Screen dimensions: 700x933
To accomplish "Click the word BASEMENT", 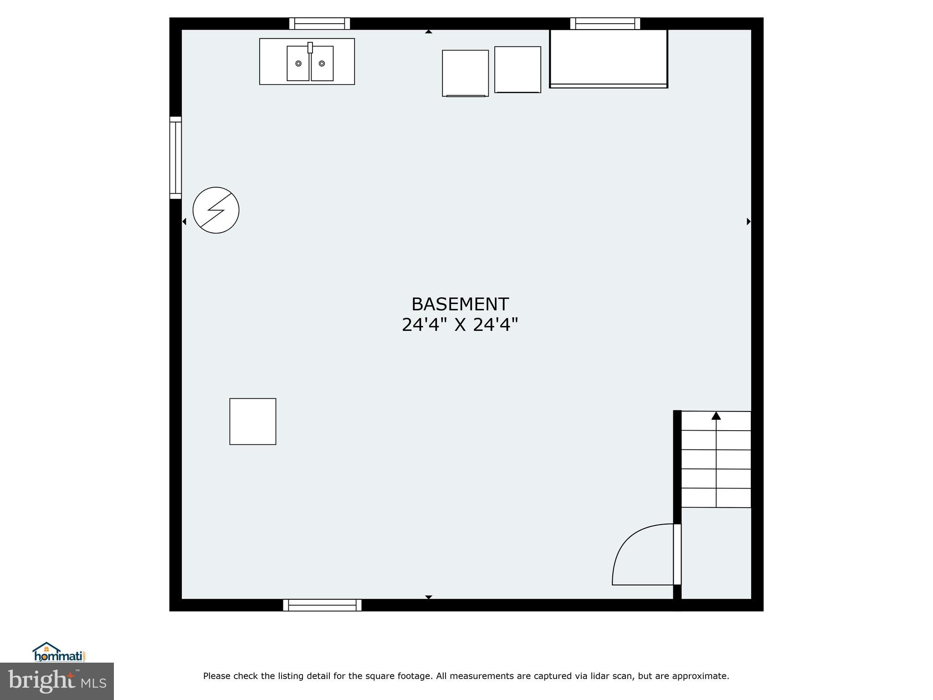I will click(x=460, y=304).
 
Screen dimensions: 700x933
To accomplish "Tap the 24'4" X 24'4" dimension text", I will click(x=460, y=325).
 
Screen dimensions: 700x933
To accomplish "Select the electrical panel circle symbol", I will click(x=216, y=210).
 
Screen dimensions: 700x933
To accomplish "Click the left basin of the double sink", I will click(x=298, y=63).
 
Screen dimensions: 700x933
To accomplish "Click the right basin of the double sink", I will click(x=322, y=63).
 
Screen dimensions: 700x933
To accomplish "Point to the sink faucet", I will click(x=310, y=48).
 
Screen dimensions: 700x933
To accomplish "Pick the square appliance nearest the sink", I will click(x=465, y=73).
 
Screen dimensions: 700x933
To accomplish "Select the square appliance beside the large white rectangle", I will click(x=518, y=69).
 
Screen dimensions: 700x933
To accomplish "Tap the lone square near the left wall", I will click(x=252, y=421).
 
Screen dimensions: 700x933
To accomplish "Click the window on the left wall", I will click(x=175, y=158).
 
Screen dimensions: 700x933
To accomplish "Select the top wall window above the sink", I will click(x=319, y=23).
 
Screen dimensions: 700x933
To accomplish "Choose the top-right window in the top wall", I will click(x=605, y=23).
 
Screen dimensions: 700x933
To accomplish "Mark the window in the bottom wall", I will click(x=322, y=605).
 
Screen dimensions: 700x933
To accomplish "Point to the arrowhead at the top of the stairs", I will click(x=716, y=416).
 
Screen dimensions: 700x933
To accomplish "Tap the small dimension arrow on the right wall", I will click(x=748, y=221).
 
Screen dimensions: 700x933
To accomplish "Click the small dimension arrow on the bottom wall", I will click(x=428, y=597).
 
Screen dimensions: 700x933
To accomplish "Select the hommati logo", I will click(x=59, y=652).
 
